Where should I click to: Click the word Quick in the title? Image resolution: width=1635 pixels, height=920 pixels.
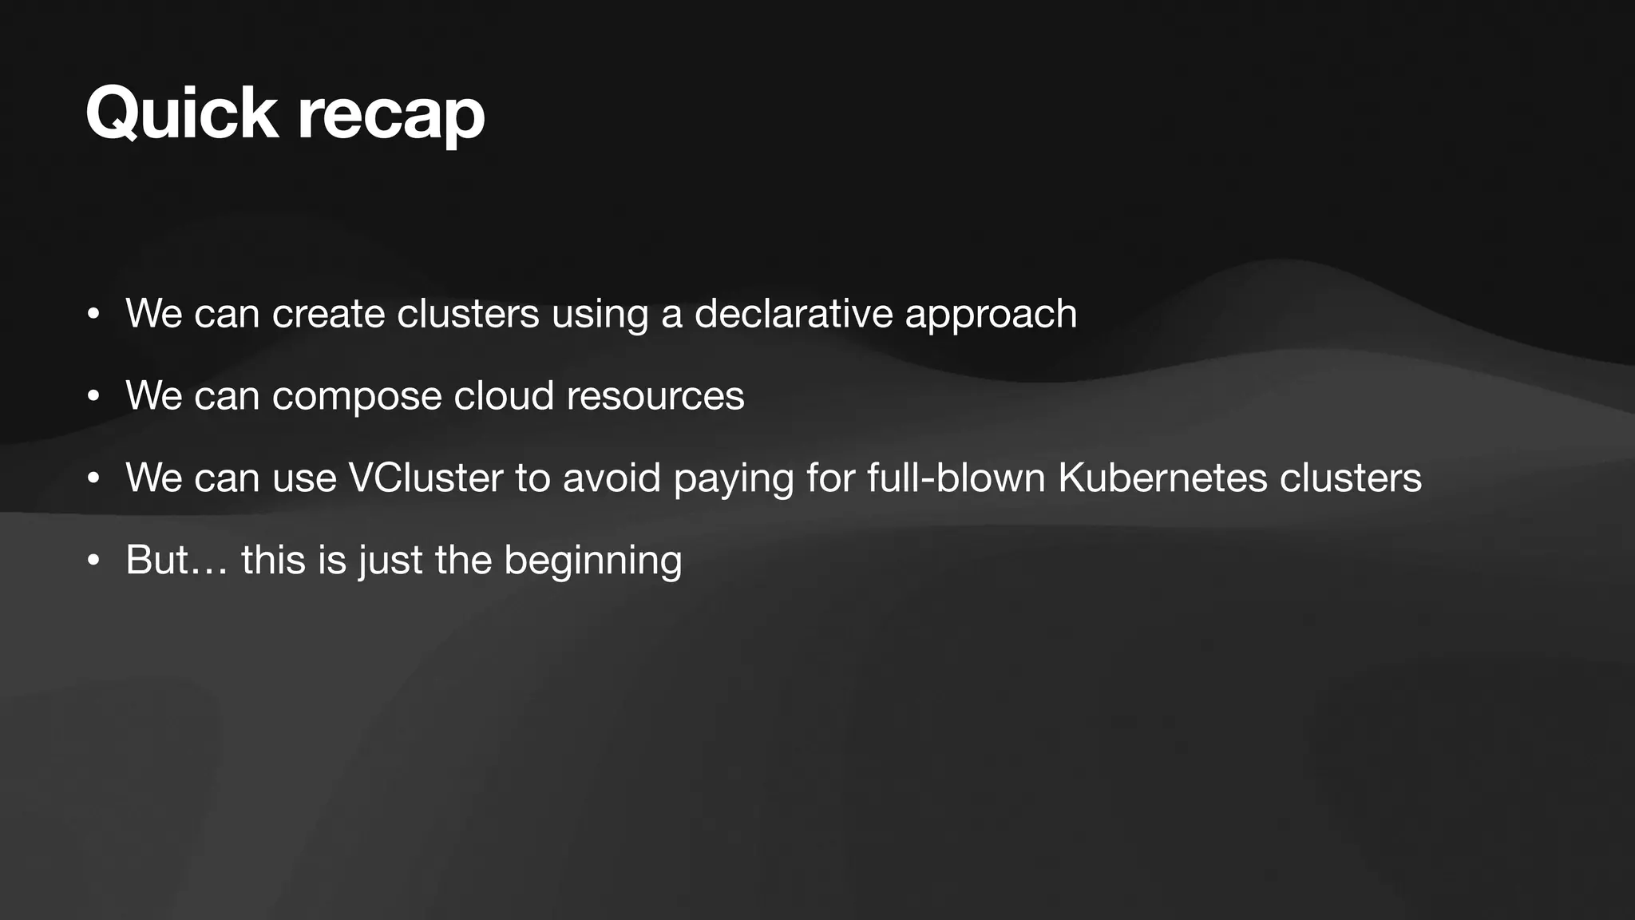[181, 113]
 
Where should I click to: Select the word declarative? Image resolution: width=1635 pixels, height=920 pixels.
[793, 313]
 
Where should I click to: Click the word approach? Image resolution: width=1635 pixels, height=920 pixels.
[991, 315]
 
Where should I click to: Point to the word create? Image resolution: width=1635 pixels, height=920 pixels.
[329, 313]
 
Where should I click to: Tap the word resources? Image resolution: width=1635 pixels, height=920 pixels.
[655, 396]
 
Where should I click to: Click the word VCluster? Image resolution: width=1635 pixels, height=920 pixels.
[426, 478]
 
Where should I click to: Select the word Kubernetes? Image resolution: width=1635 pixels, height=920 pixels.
[1162, 478]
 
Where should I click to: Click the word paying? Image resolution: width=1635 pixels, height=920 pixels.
[734, 479]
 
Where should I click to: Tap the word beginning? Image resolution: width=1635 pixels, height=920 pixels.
[593, 561]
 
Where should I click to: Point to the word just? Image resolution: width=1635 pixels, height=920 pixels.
[390, 561]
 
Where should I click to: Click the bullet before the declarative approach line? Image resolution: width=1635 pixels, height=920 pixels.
[93, 314]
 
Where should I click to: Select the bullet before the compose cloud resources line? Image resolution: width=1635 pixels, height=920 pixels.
[93, 396]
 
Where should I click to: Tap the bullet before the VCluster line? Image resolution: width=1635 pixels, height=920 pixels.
[93, 478]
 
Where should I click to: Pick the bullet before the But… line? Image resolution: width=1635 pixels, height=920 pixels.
[93, 561]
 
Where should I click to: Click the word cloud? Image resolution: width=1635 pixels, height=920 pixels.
[504, 396]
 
